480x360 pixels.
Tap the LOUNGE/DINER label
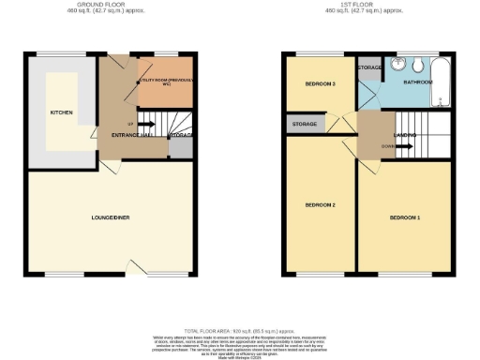pos(111,217)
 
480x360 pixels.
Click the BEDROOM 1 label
pos(405,217)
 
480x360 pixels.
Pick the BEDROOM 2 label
pos(321,204)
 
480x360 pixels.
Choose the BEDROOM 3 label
pos(321,84)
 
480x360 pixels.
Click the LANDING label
pos(405,136)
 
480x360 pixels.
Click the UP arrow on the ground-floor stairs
pos(130,123)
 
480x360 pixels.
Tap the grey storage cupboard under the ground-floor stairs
pos(181,136)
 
